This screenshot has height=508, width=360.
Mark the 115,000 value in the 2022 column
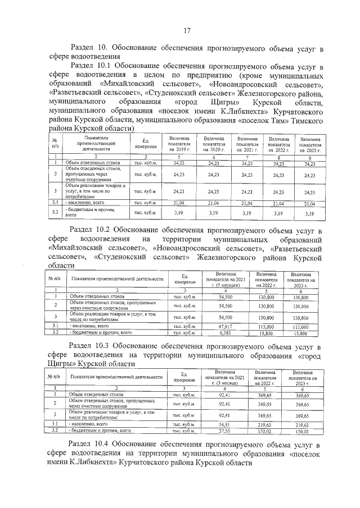tap(265, 326)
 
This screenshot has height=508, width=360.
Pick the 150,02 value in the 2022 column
tap(265, 432)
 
